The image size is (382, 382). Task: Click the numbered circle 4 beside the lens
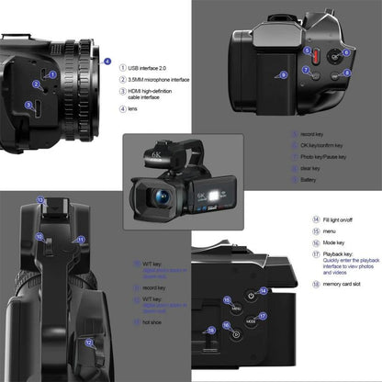tap(107, 62)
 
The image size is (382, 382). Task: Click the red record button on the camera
tap(309, 54)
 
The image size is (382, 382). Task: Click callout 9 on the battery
tap(283, 73)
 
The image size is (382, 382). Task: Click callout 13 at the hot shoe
tap(40, 199)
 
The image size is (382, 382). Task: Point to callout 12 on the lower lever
tap(88, 343)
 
